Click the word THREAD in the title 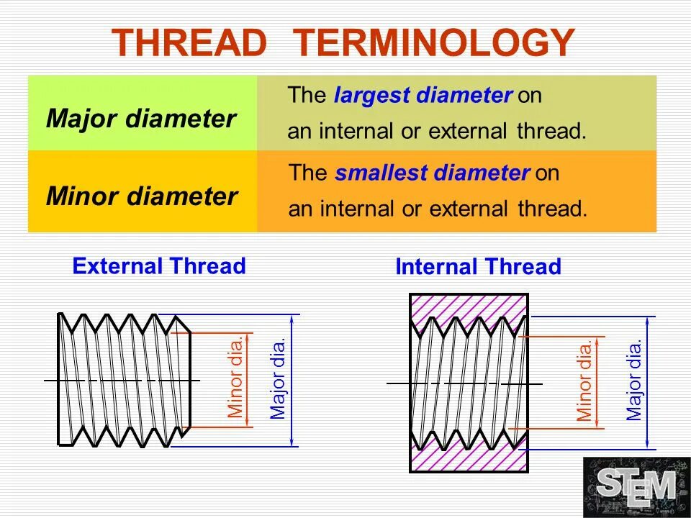189,43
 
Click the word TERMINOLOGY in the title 435,43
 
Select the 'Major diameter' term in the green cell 141,119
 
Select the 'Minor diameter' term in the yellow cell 142,196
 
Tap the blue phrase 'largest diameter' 423,96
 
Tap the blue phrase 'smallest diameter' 433,173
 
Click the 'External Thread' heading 159,266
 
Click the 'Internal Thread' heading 478,267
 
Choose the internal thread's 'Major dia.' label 633,381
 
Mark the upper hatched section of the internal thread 468,305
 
